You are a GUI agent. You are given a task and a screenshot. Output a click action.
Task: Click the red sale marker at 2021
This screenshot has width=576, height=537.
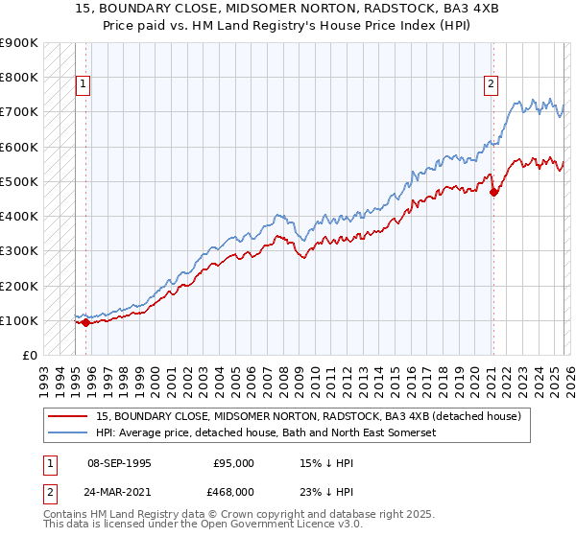point(493,193)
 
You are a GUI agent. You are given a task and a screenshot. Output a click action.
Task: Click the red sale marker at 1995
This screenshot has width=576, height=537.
point(85,322)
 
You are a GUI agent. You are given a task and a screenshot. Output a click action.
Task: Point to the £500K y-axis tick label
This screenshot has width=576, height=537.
point(19,181)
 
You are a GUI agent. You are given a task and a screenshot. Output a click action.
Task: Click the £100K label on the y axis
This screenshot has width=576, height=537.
point(19,320)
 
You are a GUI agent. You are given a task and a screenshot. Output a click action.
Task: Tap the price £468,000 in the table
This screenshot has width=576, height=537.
point(233,491)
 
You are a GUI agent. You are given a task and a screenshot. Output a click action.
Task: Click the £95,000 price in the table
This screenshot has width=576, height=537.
point(233,463)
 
